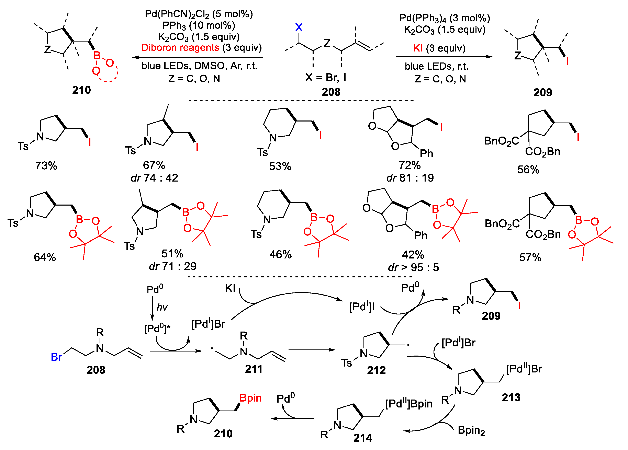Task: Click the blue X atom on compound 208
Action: [299, 27]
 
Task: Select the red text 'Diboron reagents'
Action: [180, 48]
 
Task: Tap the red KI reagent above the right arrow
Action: [418, 48]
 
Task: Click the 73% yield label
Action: [46, 166]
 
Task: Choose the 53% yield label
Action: [280, 166]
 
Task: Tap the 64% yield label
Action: [45, 257]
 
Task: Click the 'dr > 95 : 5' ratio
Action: [413, 267]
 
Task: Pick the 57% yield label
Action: [530, 257]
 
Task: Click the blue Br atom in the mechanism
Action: [56, 357]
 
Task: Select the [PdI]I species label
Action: [362, 306]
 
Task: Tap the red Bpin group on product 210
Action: [250, 398]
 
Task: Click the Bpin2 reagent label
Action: [471, 430]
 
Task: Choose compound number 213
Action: [511, 397]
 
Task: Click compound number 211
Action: [254, 369]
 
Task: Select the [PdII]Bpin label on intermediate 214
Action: [409, 404]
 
